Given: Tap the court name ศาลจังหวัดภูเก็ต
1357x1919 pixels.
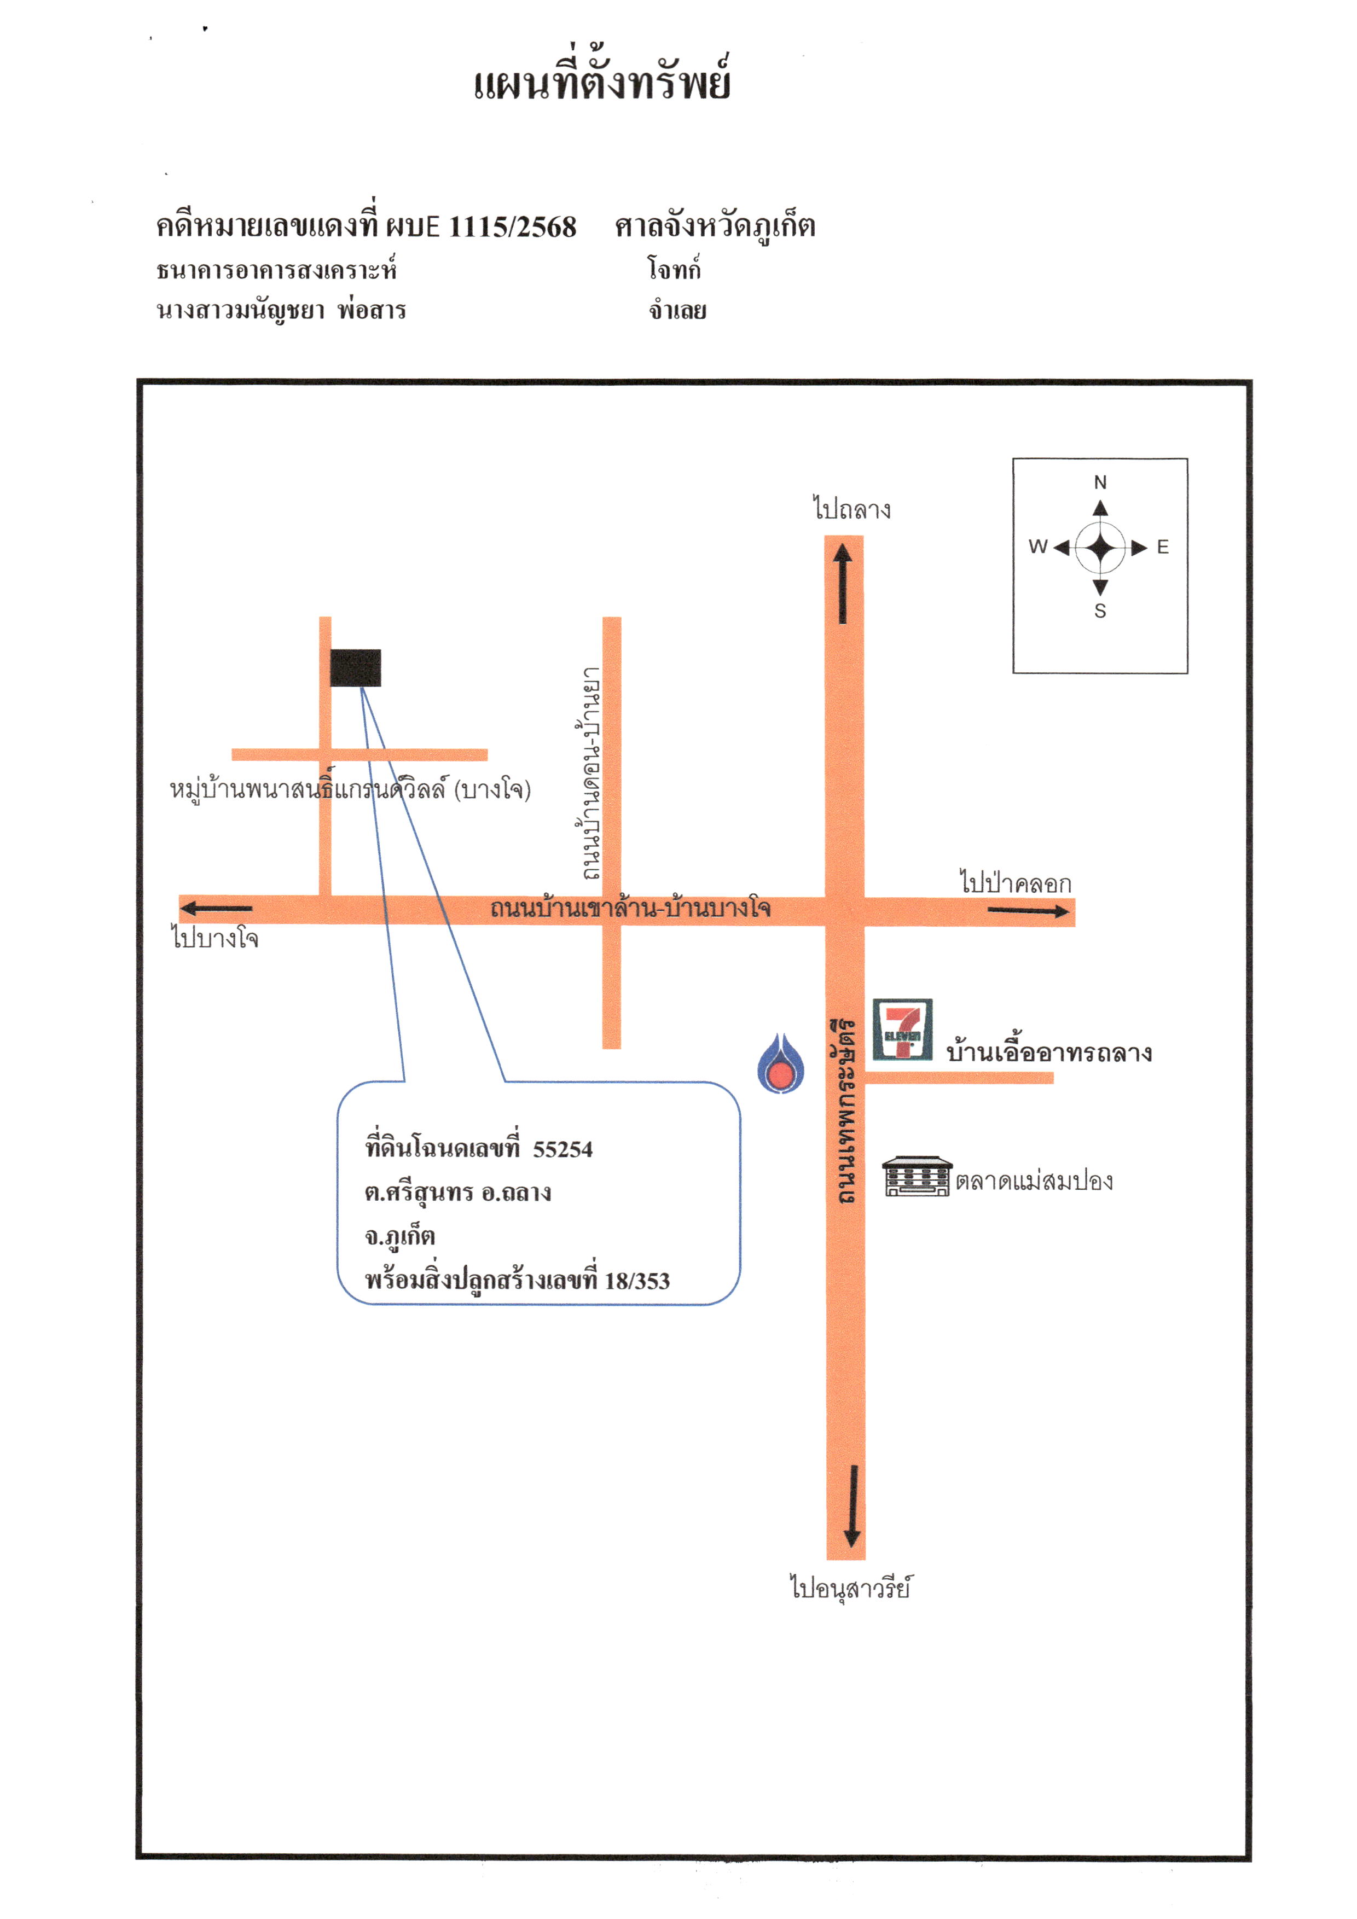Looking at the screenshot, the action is (716, 226).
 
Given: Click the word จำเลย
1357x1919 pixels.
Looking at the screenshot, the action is (678, 311).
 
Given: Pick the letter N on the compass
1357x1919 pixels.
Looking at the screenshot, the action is (1100, 482).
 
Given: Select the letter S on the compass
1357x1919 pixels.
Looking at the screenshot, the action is (1100, 612).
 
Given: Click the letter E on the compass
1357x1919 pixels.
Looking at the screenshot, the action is (1163, 548).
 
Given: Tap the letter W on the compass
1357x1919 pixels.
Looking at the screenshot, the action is (1037, 546).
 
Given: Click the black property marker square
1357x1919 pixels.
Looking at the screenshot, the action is (355, 668).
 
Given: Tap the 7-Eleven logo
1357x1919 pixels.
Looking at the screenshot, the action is (902, 1030).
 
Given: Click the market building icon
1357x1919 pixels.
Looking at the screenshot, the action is (917, 1177).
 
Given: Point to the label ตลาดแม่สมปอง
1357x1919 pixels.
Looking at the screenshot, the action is (1034, 1182).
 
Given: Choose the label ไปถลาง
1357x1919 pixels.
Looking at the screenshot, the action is (852, 508).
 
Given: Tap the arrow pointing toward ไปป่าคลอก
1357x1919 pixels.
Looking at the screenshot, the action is (1028, 911).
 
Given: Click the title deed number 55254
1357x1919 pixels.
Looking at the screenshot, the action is (562, 1150).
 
